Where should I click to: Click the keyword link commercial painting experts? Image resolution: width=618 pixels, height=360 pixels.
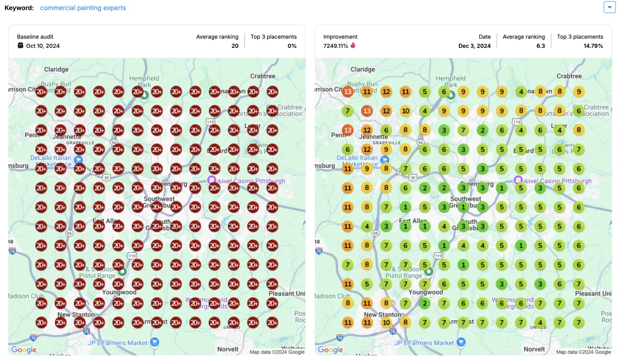[x=83, y=8]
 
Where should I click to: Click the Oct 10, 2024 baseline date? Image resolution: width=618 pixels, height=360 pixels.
[x=43, y=46]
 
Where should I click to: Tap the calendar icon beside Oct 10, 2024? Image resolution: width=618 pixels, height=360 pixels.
[x=21, y=45]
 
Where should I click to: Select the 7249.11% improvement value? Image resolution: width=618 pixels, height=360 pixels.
[x=335, y=46]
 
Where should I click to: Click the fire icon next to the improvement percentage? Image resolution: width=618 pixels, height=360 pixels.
[x=353, y=45]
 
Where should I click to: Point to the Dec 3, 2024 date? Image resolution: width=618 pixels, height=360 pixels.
[x=474, y=46]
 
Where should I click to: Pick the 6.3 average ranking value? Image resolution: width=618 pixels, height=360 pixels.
[x=540, y=46]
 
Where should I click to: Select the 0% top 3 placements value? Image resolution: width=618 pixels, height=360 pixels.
[x=292, y=46]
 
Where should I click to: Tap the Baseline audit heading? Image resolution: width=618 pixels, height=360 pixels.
[x=35, y=37]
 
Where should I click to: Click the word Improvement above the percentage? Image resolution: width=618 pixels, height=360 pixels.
[x=340, y=37]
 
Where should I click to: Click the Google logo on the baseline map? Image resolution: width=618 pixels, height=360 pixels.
[x=24, y=350]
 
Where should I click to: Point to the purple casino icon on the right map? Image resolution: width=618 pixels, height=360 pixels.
[x=518, y=180]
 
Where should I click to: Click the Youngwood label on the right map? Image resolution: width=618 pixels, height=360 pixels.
[x=426, y=292]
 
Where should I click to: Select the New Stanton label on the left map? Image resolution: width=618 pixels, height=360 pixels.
[x=76, y=314]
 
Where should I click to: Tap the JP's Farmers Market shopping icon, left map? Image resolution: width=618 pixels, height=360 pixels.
[x=154, y=342]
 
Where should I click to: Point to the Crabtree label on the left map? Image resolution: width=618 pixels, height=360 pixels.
[x=263, y=76]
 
